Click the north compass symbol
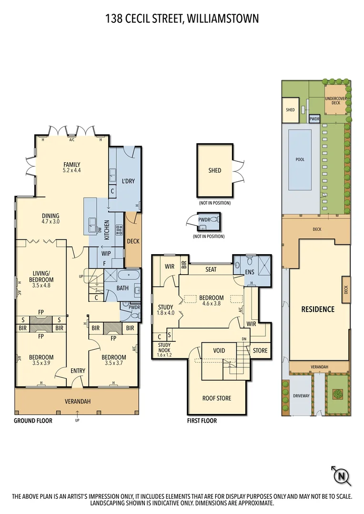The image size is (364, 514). [x=340, y=475]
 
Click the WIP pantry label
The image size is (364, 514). [x=106, y=253]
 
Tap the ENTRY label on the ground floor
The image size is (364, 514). [x=78, y=371]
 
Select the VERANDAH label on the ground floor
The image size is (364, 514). [x=77, y=401]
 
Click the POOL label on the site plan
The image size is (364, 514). [x=299, y=159]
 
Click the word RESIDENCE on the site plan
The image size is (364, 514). [x=318, y=309]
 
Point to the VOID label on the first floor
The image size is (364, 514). [x=219, y=351]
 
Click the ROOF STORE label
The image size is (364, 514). [x=217, y=398]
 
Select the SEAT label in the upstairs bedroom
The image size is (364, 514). [x=211, y=269]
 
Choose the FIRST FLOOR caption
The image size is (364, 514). [x=202, y=421]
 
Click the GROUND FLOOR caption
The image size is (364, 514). [x=33, y=421]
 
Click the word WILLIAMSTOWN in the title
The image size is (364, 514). [x=223, y=19]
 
